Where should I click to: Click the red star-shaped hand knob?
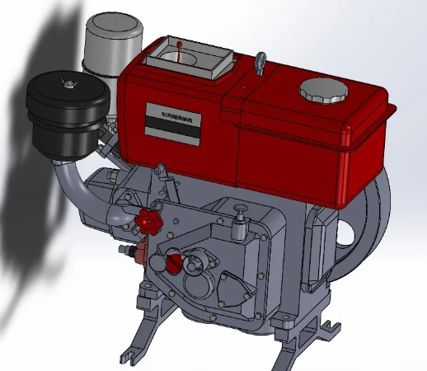click(148, 220)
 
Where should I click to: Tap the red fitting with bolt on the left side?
click(135, 250)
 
